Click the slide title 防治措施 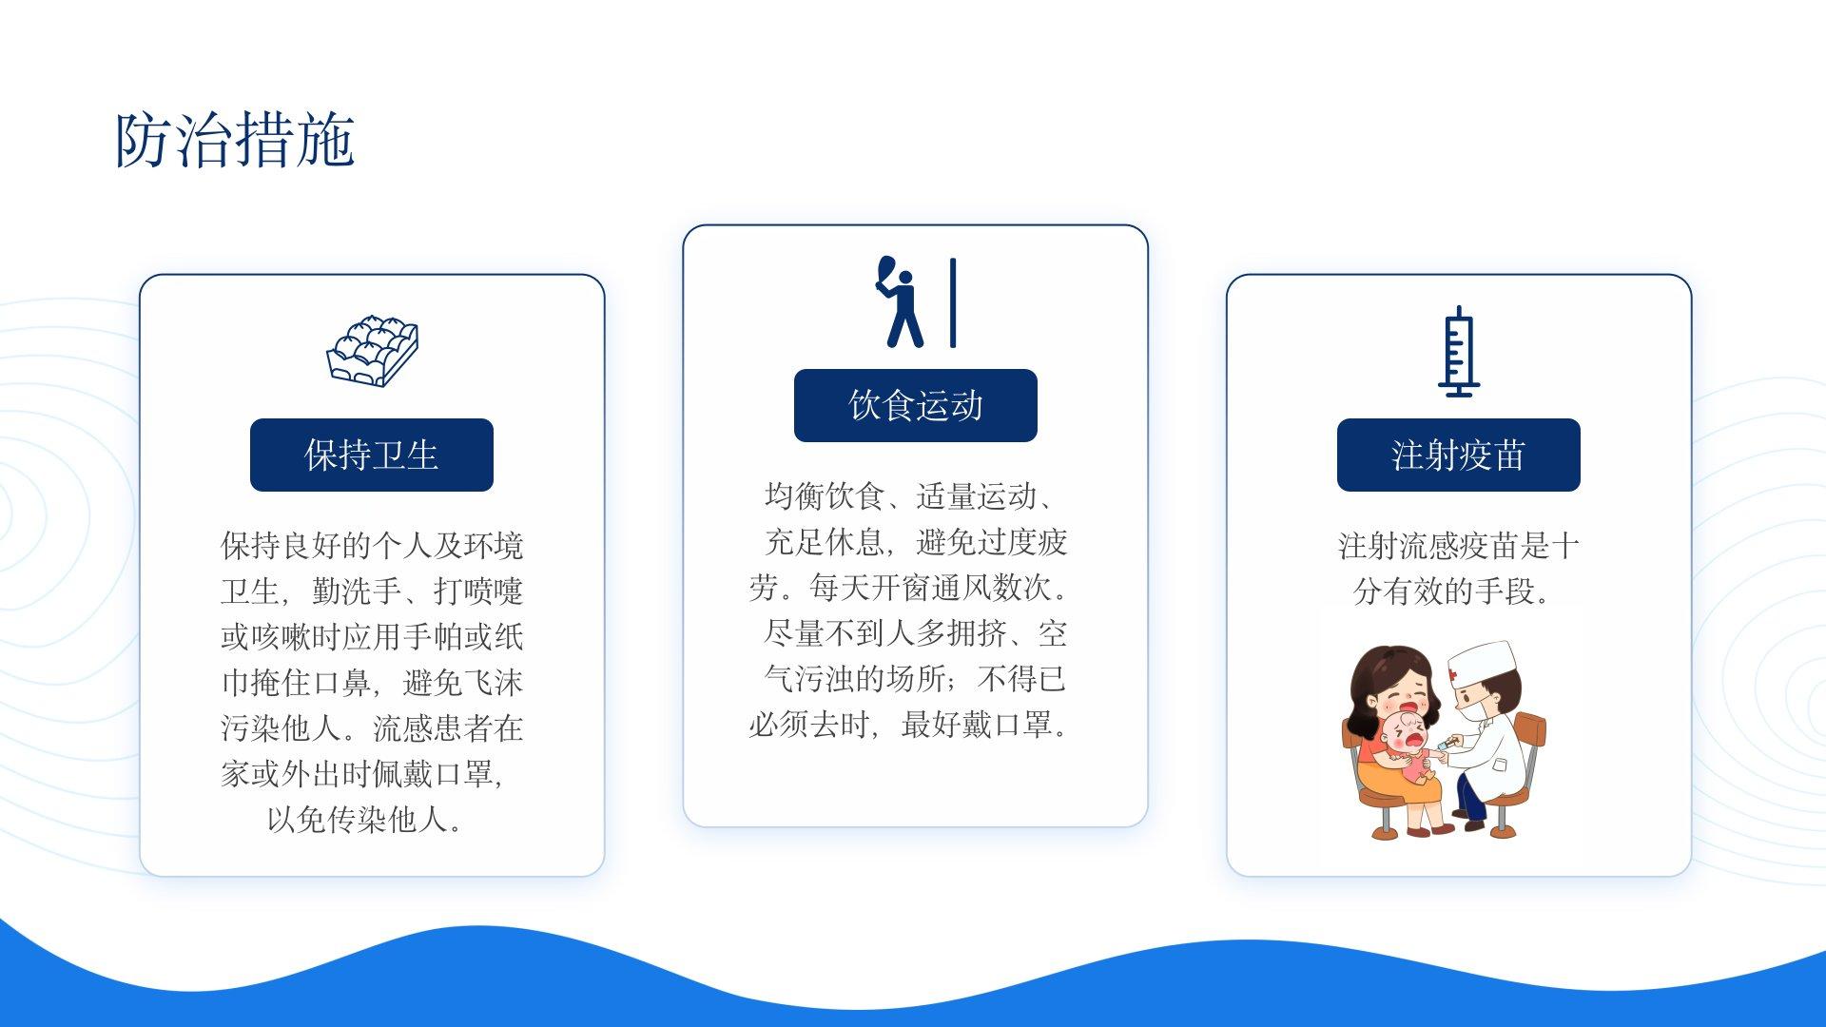(x=235, y=141)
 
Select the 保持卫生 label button (x=372, y=455)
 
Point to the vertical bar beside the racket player (x=953, y=302)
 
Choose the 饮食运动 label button (x=916, y=405)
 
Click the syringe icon (x=1458, y=352)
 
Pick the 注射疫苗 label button (x=1459, y=455)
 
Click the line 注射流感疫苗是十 (x=1459, y=546)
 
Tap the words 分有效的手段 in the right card (x=1444, y=591)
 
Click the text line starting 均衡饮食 (x=908, y=496)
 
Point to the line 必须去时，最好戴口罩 (x=908, y=725)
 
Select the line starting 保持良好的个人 (x=372, y=546)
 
